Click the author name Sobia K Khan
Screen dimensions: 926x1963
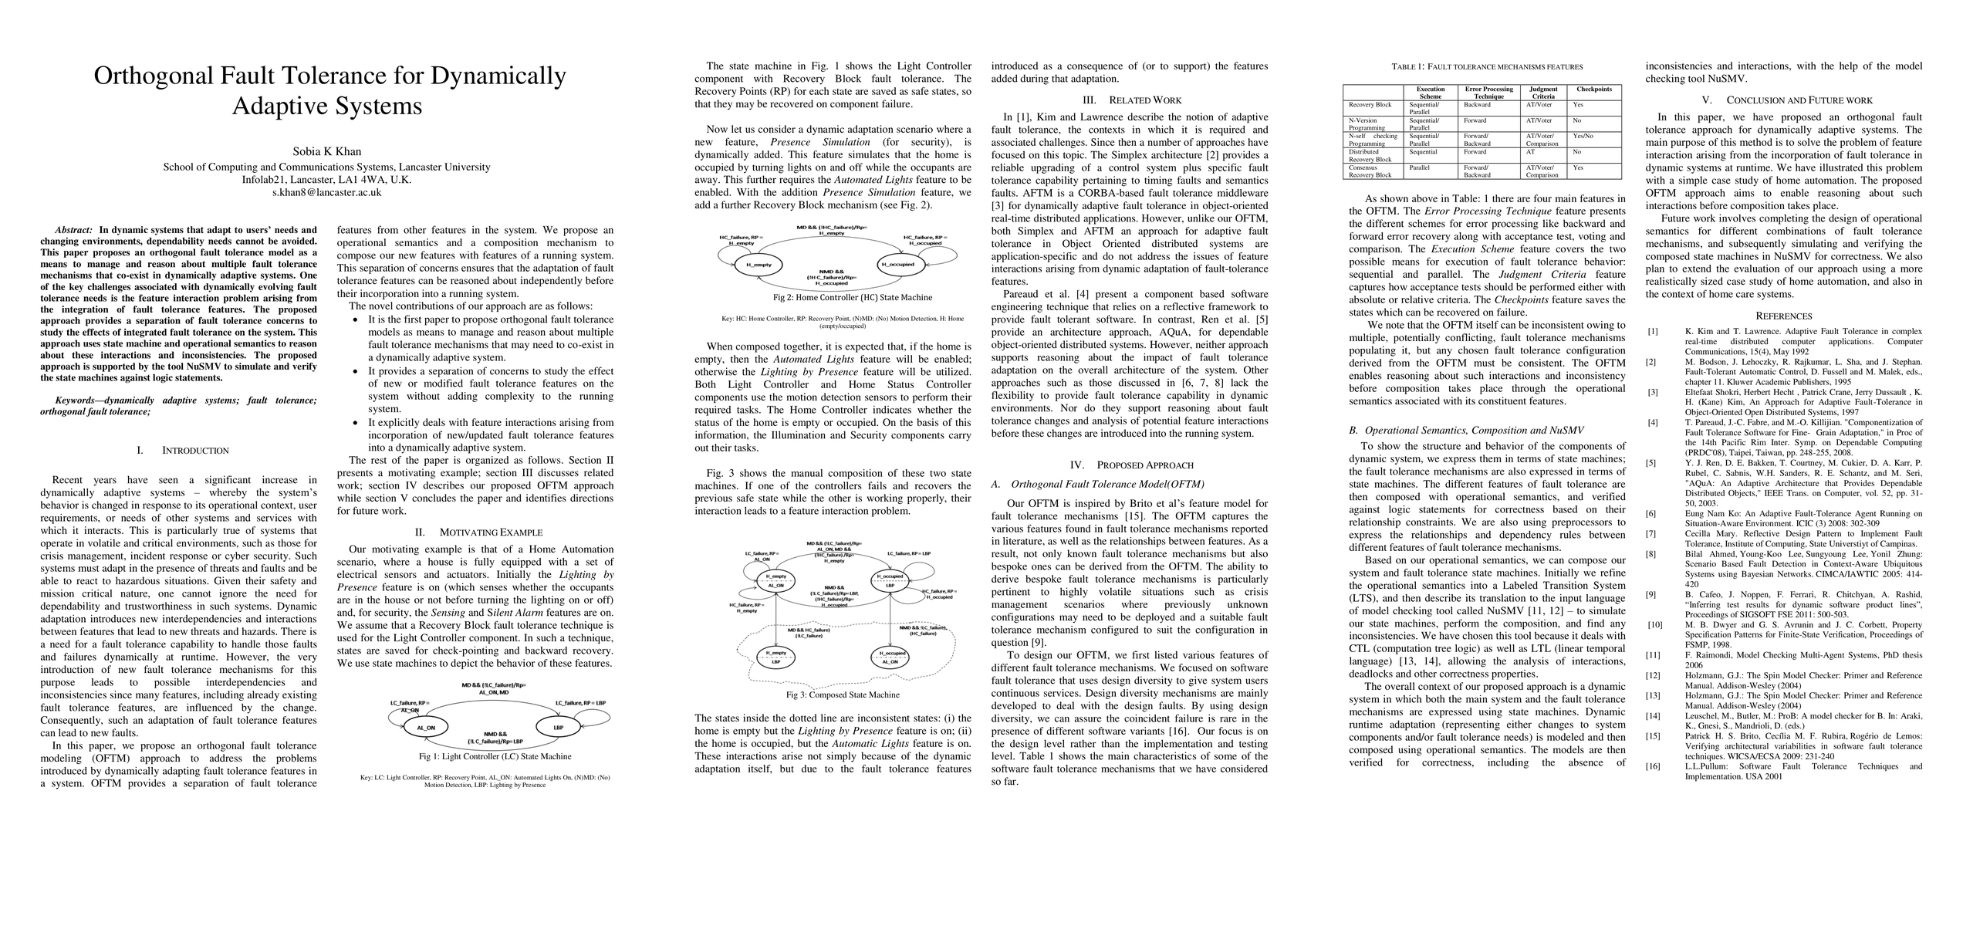click(x=326, y=151)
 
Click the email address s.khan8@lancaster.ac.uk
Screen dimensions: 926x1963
click(x=326, y=192)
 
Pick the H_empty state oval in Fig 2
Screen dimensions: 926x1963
click(x=753, y=265)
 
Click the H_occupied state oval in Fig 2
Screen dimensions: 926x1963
click(x=897, y=265)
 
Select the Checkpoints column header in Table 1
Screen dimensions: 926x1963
click(x=1593, y=90)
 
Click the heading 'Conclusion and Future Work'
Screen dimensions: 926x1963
click(x=1783, y=100)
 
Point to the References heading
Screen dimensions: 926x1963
click(x=1783, y=316)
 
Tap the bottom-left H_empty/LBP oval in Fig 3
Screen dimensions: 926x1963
click(x=775, y=657)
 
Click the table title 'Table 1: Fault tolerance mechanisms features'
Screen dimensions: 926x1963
click(x=1481, y=67)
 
